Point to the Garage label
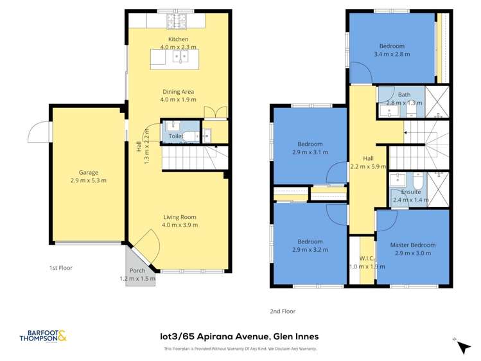pos(88,172)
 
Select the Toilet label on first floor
pos(175,137)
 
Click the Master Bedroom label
pos(413,245)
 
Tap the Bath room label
pos(404,95)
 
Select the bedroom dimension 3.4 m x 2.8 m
pos(391,55)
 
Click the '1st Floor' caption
pos(62,267)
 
